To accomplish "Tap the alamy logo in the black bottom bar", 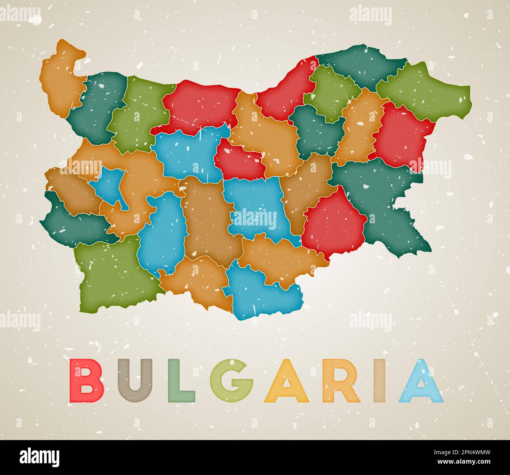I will pyautogui.click(x=40, y=458).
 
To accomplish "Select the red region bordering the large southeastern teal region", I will pyautogui.click(x=333, y=224).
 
